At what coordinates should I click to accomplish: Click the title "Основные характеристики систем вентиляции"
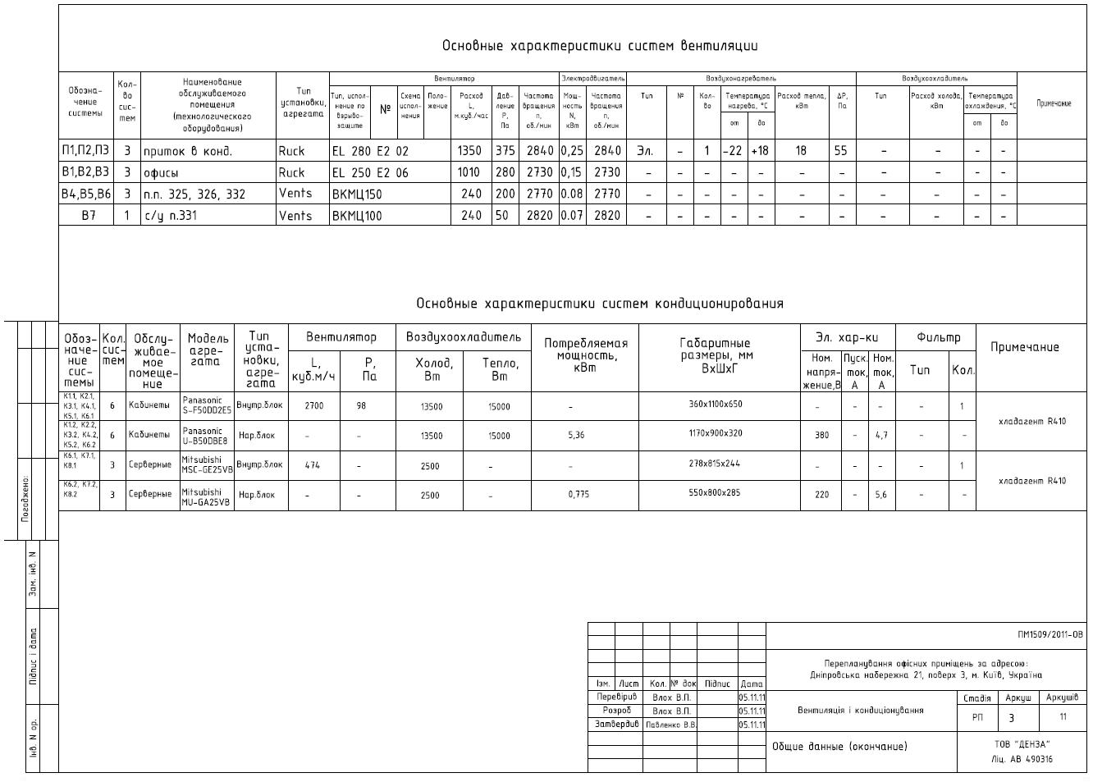coord(599,46)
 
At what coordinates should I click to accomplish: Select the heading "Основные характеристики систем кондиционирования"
coord(599,304)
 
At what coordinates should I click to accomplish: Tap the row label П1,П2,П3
coord(85,151)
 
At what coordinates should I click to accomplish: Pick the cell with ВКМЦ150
coord(357,194)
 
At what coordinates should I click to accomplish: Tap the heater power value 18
coord(801,151)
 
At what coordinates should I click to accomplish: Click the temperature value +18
coord(760,151)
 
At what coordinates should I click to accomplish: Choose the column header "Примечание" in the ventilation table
coord(1054,103)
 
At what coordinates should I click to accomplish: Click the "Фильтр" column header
coord(938,337)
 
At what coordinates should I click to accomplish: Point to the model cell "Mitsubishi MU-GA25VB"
coord(207,496)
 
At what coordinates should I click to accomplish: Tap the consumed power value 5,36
coord(576,436)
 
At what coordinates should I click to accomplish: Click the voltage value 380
coord(821,436)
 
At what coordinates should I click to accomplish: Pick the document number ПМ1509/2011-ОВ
coord(1050,634)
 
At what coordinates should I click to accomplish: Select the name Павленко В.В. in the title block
coord(670,725)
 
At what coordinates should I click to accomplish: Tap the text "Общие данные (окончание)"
coord(839,747)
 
